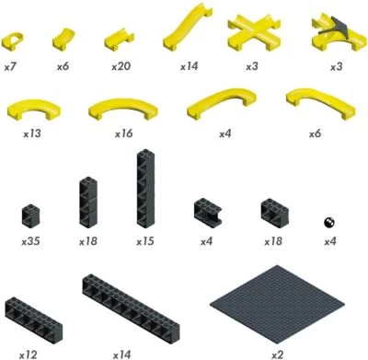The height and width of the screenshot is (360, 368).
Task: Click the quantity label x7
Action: point(10,66)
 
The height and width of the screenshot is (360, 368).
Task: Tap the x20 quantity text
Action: point(121,66)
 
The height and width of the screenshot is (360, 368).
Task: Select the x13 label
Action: point(32,134)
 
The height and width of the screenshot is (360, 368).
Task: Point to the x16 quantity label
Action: point(124,134)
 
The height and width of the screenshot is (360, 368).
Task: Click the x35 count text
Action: point(30,241)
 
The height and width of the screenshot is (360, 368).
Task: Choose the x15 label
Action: point(145,241)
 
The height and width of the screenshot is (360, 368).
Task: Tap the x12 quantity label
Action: point(29,355)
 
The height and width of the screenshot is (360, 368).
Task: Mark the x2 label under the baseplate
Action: point(277,355)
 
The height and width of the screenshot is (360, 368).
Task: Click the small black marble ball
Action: point(329,223)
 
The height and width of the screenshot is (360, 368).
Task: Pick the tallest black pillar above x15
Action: point(145,189)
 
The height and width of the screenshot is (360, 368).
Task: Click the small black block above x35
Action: point(30,216)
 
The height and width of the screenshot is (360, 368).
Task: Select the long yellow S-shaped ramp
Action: point(188,27)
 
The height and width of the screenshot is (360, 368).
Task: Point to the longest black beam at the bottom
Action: point(131,304)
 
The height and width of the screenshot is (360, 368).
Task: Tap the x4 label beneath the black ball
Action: point(330,241)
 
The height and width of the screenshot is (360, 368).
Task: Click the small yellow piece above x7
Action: point(13,41)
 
